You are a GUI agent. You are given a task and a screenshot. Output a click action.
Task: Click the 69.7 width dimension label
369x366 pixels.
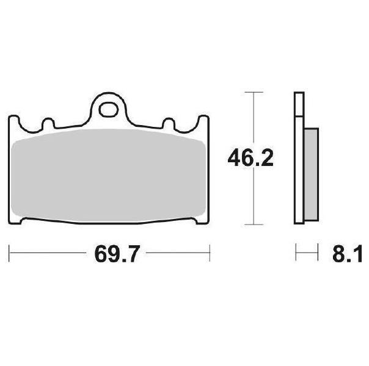[x=117, y=254]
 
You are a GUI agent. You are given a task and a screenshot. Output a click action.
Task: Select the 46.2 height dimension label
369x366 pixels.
[x=250, y=158]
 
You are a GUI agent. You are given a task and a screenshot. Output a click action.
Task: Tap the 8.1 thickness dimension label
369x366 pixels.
[x=348, y=254]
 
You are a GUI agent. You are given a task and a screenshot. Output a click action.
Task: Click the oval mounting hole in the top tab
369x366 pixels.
[x=109, y=109]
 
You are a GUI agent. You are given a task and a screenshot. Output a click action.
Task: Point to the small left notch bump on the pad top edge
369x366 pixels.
[x=48, y=123]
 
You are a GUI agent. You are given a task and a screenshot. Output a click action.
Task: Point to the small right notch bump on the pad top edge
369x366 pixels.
[x=169, y=123]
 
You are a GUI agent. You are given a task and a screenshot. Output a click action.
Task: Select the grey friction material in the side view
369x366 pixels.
[x=312, y=174]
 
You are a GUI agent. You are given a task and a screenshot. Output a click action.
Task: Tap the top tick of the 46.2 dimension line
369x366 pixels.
[x=254, y=92]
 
